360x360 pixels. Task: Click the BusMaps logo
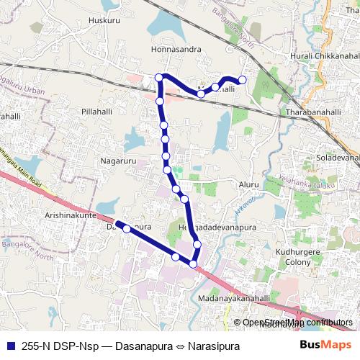[320, 344]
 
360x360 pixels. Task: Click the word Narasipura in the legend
[213, 345]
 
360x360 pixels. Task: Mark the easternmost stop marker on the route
[242, 80]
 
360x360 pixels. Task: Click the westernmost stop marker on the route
[127, 229]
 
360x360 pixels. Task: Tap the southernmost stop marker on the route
[193, 264]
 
